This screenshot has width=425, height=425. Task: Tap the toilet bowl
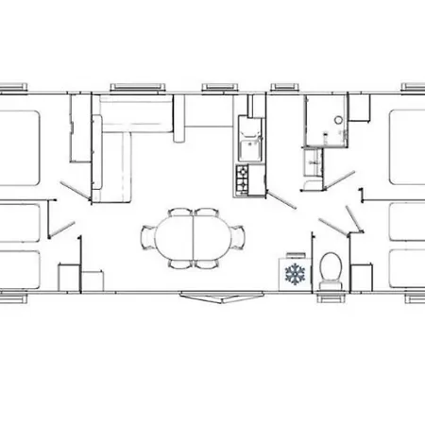[x=330, y=268]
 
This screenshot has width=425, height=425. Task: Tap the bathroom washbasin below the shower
[x=313, y=163]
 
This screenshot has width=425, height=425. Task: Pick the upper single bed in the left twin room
[x=24, y=222]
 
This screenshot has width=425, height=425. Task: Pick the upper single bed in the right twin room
[x=406, y=222]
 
